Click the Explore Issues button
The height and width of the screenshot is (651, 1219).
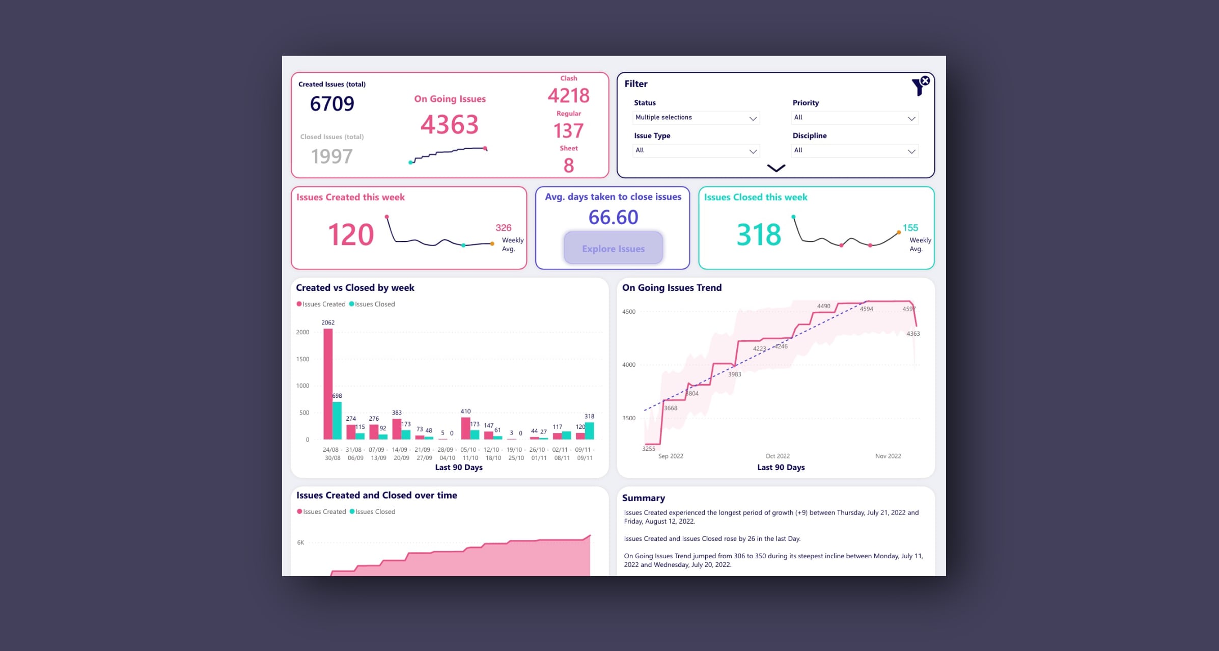[x=613, y=249]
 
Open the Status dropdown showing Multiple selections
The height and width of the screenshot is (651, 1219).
[x=696, y=118]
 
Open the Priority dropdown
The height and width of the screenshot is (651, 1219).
[x=854, y=118]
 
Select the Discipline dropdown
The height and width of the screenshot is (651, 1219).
[x=854, y=151]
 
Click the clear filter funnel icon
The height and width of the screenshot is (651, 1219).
[x=920, y=86]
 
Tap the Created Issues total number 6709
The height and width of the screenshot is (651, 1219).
[x=332, y=104]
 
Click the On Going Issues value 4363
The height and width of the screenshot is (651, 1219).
[x=450, y=125]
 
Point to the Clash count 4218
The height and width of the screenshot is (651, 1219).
[x=568, y=96]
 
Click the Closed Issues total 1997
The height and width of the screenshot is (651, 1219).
[x=332, y=156]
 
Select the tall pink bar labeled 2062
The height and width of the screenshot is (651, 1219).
[x=328, y=383]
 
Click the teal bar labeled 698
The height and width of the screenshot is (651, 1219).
[x=337, y=420]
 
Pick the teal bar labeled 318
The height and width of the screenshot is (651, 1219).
[x=590, y=430]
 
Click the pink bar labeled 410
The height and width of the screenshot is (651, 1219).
[x=465, y=428]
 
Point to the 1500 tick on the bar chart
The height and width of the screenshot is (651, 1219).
[x=302, y=359]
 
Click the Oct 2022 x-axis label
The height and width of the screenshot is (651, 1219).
[x=778, y=456]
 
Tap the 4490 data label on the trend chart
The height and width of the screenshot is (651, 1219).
[x=823, y=306]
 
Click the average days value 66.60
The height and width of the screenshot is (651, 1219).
[x=613, y=218]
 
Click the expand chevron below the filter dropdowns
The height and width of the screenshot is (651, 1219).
[x=776, y=168]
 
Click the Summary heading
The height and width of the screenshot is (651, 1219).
[x=644, y=498]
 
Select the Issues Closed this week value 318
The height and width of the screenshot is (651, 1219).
[x=759, y=235]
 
